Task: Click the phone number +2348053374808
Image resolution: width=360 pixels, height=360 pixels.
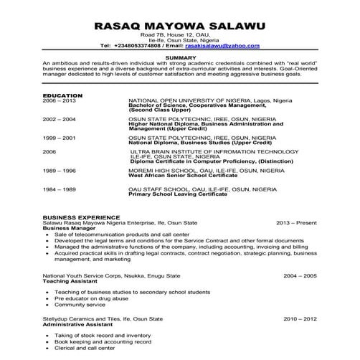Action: (131, 46)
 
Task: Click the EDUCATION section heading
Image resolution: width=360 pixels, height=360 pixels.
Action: (62, 95)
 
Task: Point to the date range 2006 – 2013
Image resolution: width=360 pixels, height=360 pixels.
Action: (60, 101)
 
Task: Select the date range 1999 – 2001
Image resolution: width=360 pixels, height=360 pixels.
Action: (60, 136)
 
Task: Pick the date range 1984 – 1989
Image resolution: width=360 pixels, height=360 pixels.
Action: (60, 188)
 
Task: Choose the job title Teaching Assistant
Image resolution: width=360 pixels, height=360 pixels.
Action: (70, 281)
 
